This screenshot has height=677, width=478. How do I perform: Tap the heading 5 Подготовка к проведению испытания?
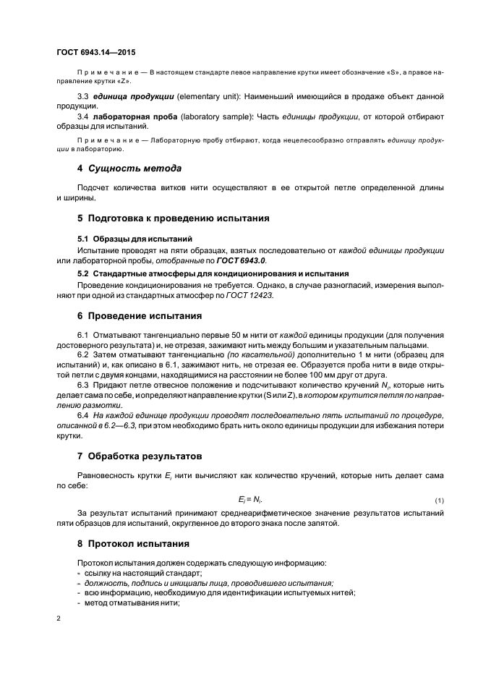(x=173, y=218)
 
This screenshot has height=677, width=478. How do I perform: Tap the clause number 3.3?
(x=83, y=97)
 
